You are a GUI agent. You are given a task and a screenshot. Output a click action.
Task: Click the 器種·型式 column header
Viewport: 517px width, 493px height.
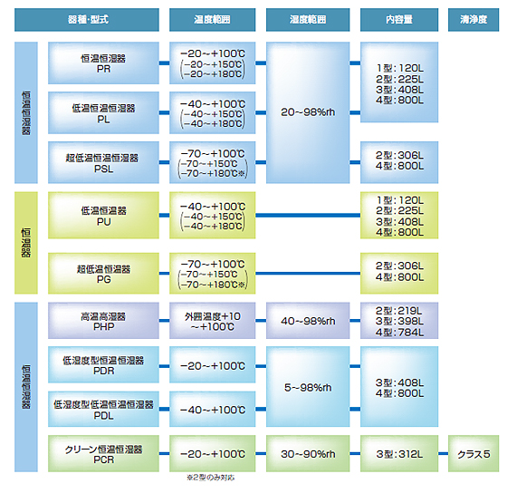pyautogui.click(x=87, y=20)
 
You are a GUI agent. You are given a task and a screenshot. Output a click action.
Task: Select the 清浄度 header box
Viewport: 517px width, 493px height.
pyautogui.click(x=474, y=20)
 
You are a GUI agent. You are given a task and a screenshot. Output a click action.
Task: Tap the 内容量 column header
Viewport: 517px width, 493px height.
pyautogui.click(x=399, y=20)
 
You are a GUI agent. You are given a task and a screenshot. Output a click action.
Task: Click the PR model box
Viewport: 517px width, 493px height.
pyautogui.click(x=103, y=63)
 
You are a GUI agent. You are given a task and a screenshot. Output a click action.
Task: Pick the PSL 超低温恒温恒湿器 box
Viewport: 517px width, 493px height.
pyautogui.click(x=103, y=162)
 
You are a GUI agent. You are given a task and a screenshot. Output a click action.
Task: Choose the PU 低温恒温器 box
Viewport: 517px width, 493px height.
pyautogui.click(x=103, y=215)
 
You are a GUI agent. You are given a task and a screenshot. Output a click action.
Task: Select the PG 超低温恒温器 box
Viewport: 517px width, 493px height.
pyautogui.click(x=103, y=273)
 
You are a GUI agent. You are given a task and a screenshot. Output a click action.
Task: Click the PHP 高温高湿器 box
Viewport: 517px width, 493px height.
pyautogui.click(x=103, y=321)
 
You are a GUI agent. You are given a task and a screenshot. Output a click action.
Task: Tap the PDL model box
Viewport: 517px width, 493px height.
pyautogui.click(x=103, y=409)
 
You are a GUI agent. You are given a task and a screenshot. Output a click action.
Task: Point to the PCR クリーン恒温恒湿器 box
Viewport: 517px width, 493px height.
pyautogui.click(x=103, y=453)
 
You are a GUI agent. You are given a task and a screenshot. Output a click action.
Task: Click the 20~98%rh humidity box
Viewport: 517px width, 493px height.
pyautogui.click(x=308, y=112)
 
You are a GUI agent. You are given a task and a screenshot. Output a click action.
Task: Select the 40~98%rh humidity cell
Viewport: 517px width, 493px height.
pyautogui.click(x=308, y=321)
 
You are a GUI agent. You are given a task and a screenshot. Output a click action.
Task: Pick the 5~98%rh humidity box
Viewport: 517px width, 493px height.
pyautogui.click(x=308, y=386)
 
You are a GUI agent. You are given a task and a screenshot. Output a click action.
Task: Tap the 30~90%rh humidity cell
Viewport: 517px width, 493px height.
pyautogui.click(x=308, y=453)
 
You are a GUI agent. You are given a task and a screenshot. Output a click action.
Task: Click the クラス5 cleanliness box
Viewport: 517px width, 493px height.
pyautogui.click(x=474, y=453)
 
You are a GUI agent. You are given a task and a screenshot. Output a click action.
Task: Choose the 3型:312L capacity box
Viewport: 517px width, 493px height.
pyautogui.click(x=399, y=453)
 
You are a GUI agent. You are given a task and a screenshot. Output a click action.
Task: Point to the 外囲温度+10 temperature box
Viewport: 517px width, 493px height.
pyautogui.click(x=213, y=321)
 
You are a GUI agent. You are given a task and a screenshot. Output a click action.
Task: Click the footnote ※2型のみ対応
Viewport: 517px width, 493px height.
pyautogui.click(x=211, y=478)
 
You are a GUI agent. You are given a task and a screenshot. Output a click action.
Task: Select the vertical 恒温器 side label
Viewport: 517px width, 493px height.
pyautogui.click(x=26, y=243)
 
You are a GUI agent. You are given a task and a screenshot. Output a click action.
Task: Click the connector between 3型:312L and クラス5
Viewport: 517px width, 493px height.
pyautogui.click(x=443, y=453)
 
